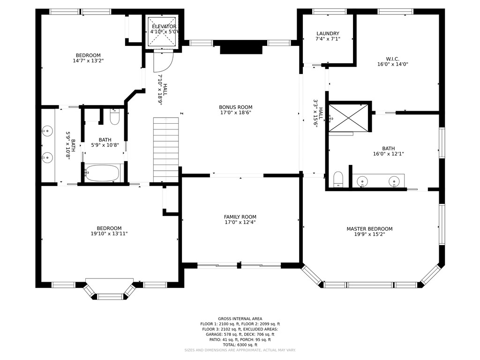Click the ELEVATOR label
[x=164, y=27]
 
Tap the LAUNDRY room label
[x=328, y=33]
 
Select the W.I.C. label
[x=392, y=59]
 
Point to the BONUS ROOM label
[x=236, y=107]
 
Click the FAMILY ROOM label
[x=240, y=217]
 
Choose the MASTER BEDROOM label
[x=369, y=229]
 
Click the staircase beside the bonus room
[x=165, y=150]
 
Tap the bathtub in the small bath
[x=102, y=173]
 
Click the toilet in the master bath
[x=338, y=179]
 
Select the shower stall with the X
[x=348, y=118]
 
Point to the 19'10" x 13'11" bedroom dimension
[x=109, y=233]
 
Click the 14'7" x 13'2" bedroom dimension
[x=88, y=60]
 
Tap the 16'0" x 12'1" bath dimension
[x=388, y=154]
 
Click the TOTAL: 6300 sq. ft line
[x=240, y=345]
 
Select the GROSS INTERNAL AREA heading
[x=240, y=319]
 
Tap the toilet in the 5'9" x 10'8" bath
[x=114, y=117]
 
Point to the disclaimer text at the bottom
[x=240, y=350]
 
